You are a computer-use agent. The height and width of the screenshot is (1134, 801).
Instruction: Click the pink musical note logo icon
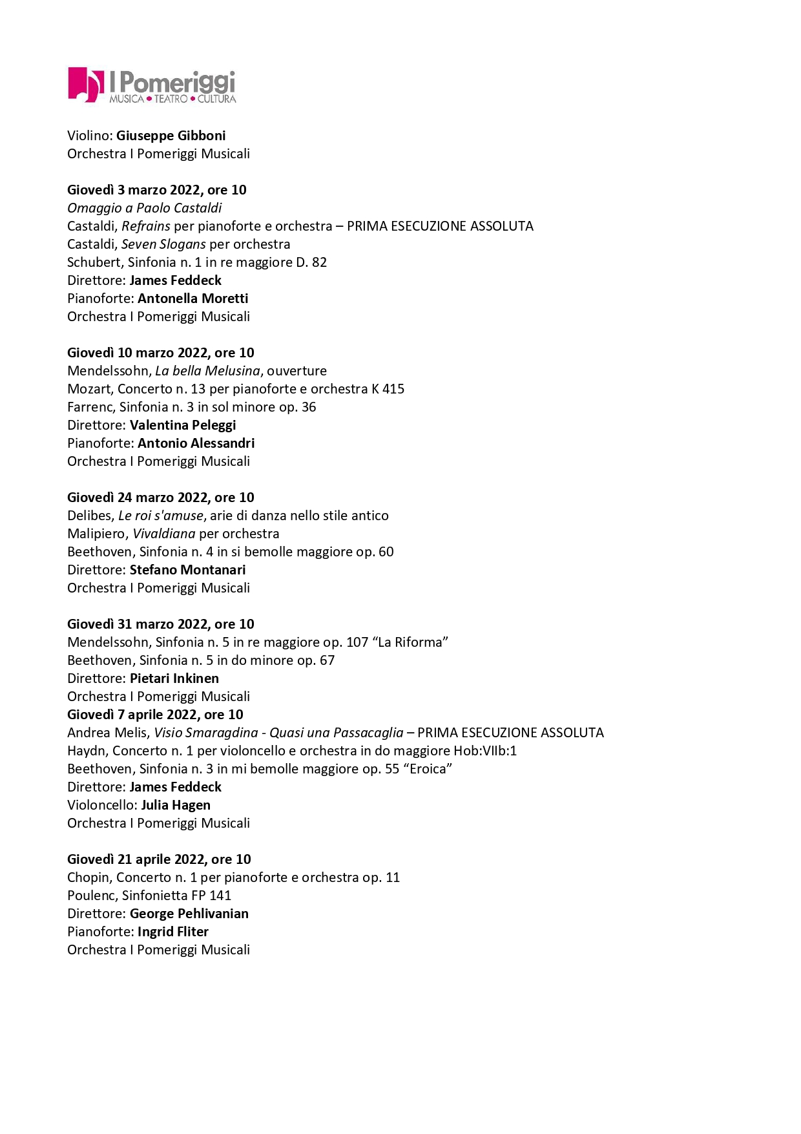[85, 85]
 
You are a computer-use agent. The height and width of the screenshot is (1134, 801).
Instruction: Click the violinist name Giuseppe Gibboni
[171, 136]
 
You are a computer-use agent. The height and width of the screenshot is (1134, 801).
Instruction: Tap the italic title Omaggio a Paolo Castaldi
[144, 208]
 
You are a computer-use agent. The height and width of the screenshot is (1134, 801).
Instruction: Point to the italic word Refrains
[145, 226]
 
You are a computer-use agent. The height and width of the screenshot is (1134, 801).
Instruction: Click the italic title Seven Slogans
[163, 244]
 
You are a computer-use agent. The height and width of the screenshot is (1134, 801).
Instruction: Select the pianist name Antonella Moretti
[192, 299]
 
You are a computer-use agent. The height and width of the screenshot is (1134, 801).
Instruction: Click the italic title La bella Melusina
[207, 371]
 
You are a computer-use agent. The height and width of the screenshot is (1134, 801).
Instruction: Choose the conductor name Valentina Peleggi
[183, 425]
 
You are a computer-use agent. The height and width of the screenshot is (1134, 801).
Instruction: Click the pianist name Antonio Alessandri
[196, 443]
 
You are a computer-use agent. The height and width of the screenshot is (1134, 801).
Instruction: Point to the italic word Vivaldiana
[164, 534]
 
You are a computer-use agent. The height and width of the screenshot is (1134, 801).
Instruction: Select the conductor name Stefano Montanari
[187, 570]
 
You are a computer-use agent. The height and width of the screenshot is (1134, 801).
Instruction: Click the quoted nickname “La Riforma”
[410, 642]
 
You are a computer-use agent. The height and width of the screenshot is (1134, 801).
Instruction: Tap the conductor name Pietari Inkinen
[174, 678]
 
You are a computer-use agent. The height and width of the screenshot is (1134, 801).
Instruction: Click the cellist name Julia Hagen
[176, 805]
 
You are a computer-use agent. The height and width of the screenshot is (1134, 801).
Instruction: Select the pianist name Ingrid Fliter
[173, 932]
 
